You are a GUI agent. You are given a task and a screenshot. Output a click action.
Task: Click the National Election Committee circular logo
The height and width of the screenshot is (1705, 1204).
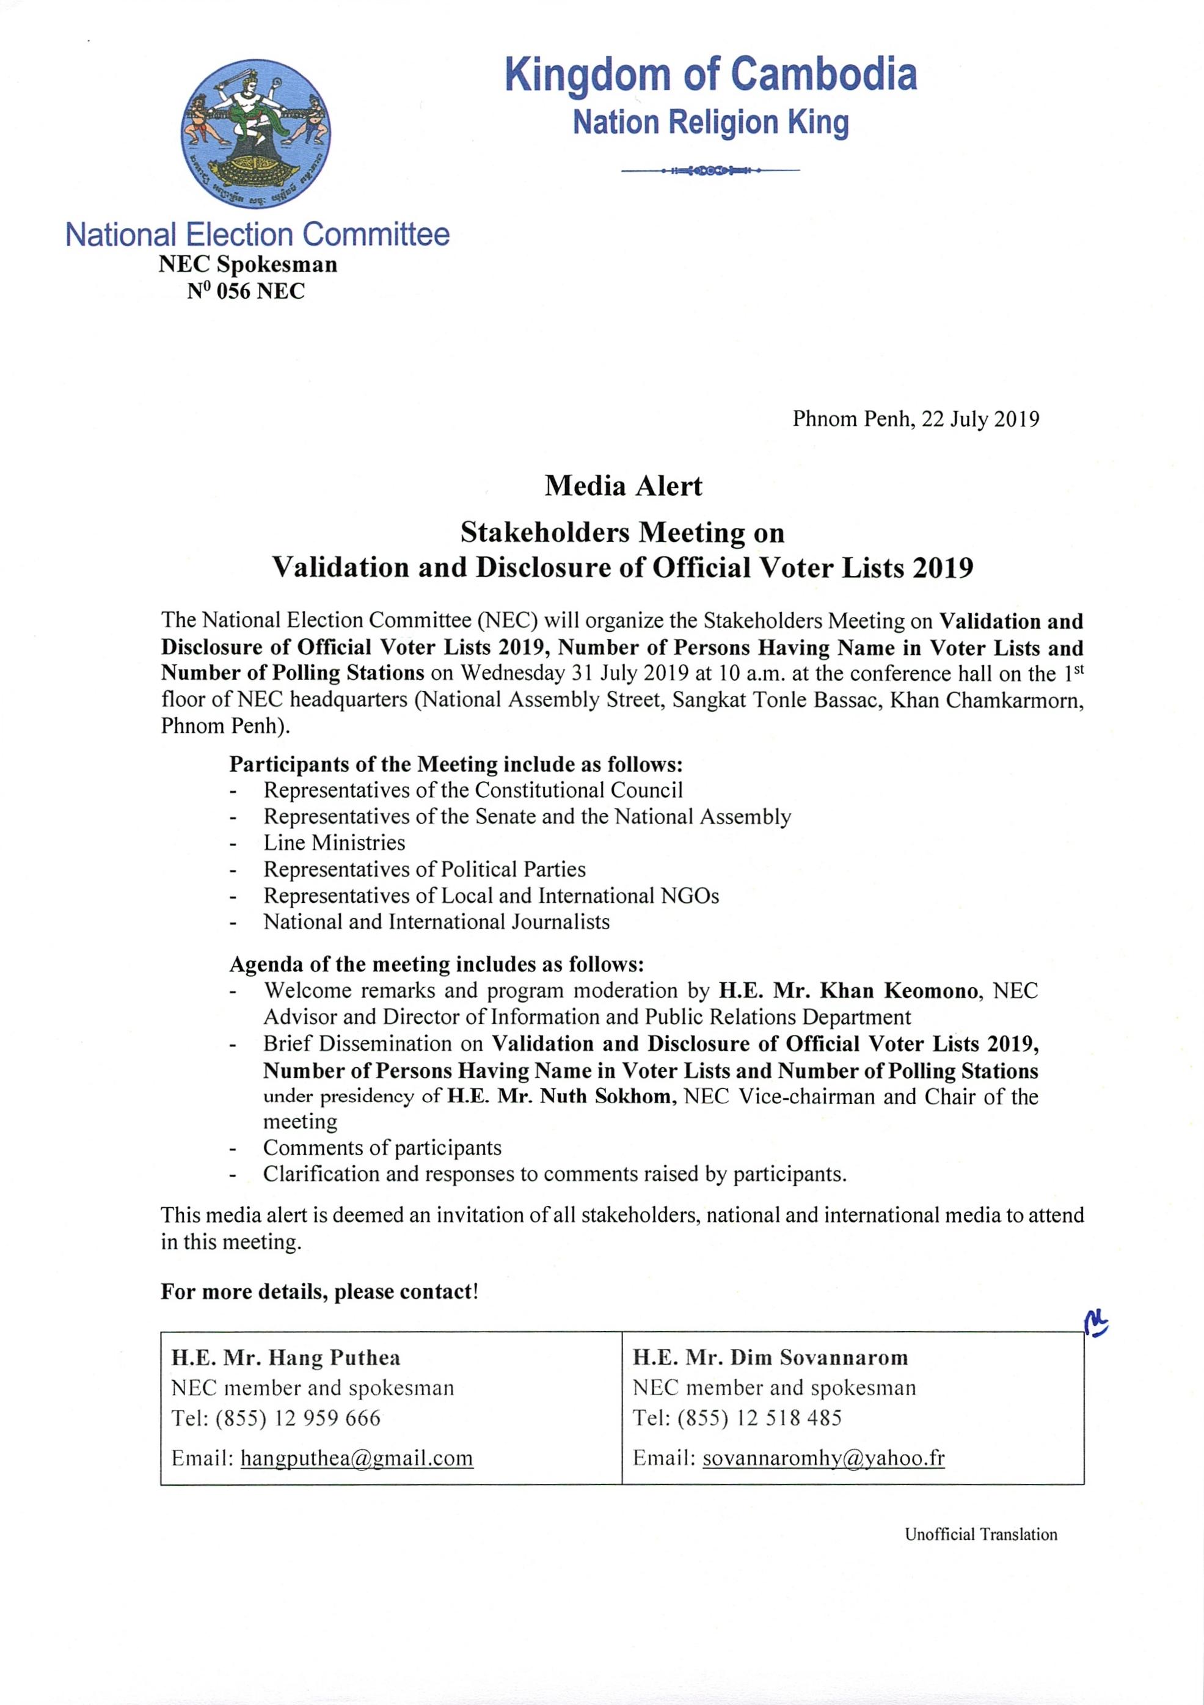coord(255,134)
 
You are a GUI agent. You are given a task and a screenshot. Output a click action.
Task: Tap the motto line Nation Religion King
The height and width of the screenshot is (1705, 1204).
coord(711,123)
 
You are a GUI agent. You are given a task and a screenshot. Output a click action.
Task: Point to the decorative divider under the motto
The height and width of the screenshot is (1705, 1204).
coord(711,171)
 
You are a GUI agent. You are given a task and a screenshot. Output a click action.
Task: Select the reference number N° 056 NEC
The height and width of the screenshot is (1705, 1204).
coord(246,291)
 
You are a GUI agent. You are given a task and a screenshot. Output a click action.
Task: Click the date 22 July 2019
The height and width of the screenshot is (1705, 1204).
coord(980,419)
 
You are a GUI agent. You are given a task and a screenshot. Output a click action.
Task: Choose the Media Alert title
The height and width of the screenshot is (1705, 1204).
coord(622,486)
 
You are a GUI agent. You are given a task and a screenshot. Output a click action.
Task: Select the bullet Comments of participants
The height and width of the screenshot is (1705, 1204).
coord(382,1147)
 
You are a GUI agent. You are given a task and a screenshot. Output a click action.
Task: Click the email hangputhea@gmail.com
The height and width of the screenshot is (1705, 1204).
coord(357,1458)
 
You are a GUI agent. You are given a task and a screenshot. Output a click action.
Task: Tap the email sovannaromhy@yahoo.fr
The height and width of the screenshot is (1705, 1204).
coord(823,1458)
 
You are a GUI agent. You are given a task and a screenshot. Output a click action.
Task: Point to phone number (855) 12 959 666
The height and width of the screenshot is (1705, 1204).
coord(298,1418)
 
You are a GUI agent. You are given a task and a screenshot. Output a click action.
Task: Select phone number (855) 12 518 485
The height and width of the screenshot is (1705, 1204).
coord(759,1418)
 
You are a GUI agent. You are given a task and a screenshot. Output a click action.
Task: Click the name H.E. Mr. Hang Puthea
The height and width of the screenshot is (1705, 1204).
coord(286,1357)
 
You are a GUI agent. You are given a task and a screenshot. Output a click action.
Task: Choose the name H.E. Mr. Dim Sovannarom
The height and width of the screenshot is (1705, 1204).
coord(770,1357)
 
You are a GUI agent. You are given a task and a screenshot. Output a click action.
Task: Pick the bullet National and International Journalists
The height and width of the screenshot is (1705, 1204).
coord(437,922)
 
